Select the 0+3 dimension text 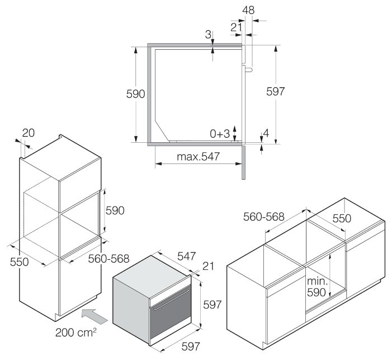(x=220, y=133)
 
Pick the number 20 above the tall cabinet (x=28, y=133)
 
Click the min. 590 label (x=316, y=286)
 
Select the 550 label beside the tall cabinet (x=20, y=261)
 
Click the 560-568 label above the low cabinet (x=265, y=217)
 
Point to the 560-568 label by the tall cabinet (x=110, y=258)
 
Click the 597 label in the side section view (x=276, y=91)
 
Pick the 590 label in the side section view (x=136, y=93)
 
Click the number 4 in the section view (x=266, y=133)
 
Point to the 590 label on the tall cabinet (x=115, y=210)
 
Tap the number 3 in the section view (x=208, y=35)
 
